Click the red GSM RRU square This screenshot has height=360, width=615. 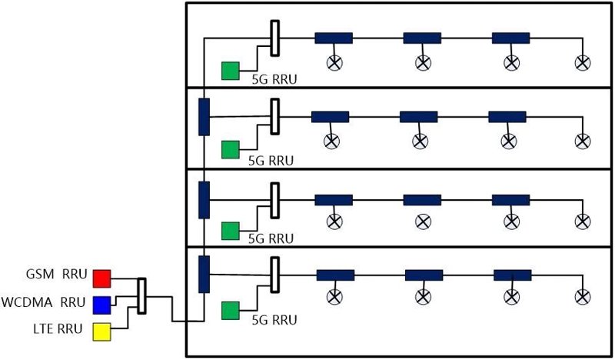pos(101,278)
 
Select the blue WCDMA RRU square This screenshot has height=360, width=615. pos(101,305)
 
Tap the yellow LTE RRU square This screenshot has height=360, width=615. pos(101,332)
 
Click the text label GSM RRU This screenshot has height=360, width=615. pos(56,274)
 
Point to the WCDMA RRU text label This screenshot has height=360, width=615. pos(43,302)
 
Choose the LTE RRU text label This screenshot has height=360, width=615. pos(58,328)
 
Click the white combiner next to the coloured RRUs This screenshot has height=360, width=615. pos(142,296)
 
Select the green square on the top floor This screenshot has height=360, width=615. pos(230,71)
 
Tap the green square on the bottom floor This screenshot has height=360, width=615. pos(230,311)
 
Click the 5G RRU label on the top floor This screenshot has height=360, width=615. pos(274,79)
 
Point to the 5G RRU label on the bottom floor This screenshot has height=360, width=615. pos(274,320)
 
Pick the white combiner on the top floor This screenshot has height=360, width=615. pos(275,38)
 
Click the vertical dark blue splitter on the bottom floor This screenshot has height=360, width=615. pos(204,275)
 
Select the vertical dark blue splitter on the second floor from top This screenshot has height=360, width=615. pos(204,117)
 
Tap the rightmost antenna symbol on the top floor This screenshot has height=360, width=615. pos(583,62)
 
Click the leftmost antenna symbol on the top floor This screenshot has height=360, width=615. pos(334,62)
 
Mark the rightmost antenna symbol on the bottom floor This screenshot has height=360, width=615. pos(583,297)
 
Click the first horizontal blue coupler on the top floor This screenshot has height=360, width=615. pos(334,38)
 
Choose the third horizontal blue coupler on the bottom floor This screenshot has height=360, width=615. pos(513,275)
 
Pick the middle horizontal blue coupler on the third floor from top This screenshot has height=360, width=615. pos(422,200)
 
